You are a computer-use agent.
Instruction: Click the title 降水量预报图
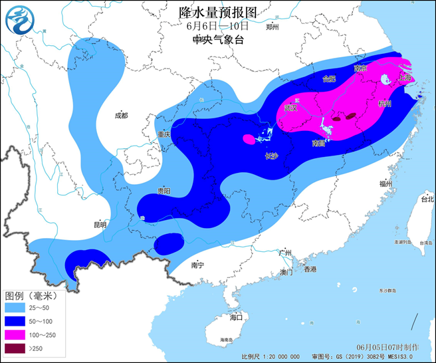point(217,11)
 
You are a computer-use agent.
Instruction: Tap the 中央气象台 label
point(217,40)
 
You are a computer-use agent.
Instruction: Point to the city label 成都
point(120,115)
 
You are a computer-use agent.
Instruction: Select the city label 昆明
point(100,224)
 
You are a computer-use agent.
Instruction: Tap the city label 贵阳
point(163,191)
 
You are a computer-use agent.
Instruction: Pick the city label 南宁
point(197,265)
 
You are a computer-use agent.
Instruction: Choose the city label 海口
point(236,317)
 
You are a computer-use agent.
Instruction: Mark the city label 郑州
point(272,27)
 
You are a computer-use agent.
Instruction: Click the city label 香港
point(310,269)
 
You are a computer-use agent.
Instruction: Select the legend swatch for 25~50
point(19,308)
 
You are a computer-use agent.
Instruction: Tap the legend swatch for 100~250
point(19,334)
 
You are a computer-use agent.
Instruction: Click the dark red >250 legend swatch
point(19,348)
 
